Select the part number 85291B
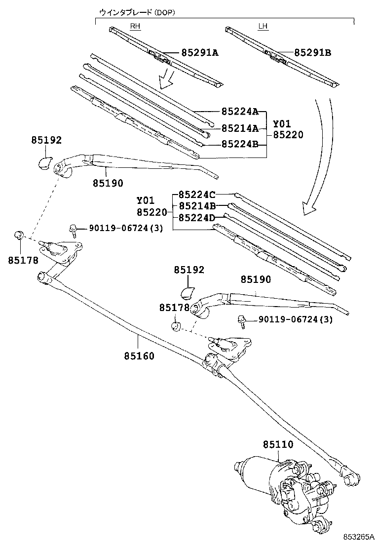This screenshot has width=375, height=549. pyautogui.click(x=312, y=52)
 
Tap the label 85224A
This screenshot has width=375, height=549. pyautogui.click(x=239, y=112)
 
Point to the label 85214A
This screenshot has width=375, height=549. pyautogui.click(x=239, y=128)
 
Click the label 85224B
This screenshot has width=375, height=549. pyautogui.click(x=239, y=145)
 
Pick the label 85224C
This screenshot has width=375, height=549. pyautogui.click(x=197, y=195)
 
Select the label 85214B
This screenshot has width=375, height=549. pyautogui.click(x=197, y=205)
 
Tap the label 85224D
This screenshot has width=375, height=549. pyautogui.click(x=197, y=217)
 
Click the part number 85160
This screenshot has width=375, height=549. pyautogui.click(x=139, y=355)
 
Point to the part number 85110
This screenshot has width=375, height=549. pyautogui.click(x=278, y=445)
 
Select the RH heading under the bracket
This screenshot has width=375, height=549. pyautogui.click(x=135, y=27)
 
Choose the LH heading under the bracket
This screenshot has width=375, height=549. pyautogui.click(x=263, y=27)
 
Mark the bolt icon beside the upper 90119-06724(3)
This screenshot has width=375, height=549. pyautogui.click(x=73, y=229)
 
